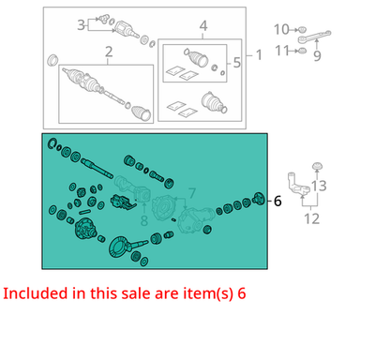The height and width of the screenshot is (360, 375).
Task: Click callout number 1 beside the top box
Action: click(259, 55)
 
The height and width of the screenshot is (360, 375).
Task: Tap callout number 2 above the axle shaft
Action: click(109, 52)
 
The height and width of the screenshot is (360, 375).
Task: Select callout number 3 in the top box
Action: click(81, 24)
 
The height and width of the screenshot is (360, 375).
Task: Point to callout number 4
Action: click(203, 26)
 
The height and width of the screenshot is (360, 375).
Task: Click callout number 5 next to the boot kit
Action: click(237, 63)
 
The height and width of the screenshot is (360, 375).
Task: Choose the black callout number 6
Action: click(277, 201)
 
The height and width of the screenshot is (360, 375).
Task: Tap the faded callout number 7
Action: click(191, 193)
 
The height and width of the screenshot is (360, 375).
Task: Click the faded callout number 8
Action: click(143, 220)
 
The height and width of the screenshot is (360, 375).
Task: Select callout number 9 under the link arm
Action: click(317, 55)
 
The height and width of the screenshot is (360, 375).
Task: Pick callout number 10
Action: click(281, 30)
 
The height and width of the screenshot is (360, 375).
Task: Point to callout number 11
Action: click(282, 51)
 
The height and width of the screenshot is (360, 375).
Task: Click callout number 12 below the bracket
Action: click(311, 218)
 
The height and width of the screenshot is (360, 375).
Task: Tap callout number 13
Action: click(319, 186)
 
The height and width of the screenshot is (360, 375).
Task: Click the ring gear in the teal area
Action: click(118, 247)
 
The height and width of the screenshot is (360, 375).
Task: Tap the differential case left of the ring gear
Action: click(85, 230)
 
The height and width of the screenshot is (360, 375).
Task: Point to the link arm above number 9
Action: click(313, 37)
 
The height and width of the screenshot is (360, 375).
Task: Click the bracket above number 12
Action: click(298, 186)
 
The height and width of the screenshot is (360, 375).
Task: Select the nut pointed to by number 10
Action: click(301, 30)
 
